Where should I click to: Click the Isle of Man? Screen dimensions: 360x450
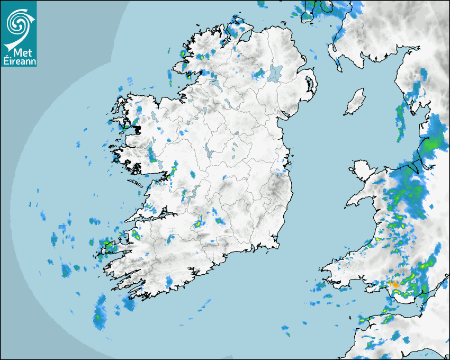355,102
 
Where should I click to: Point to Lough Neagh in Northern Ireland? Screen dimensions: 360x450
275,73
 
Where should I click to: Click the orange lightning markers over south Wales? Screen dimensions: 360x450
393,284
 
